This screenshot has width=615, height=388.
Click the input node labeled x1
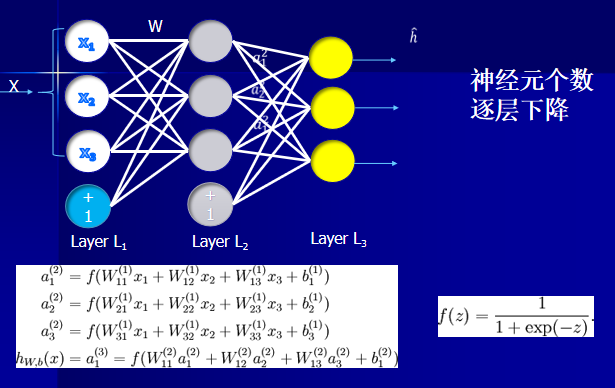click(x=86, y=42)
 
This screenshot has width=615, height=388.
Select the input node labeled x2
click(x=86, y=97)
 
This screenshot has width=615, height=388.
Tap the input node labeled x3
click(x=86, y=152)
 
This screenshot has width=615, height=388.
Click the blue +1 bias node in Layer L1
click(x=86, y=207)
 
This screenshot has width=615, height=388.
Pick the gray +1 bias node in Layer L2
click(x=209, y=205)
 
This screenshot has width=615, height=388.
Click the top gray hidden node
click(x=209, y=43)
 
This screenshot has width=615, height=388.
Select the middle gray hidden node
click(x=209, y=97)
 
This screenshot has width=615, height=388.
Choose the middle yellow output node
click(x=331, y=106)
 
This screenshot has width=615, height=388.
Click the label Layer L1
click(x=99, y=242)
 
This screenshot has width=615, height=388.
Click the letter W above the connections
click(x=155, y=27)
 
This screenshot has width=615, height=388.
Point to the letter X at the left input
click(x=14, y=87)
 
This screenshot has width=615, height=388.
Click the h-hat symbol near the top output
click(x=413, y=37)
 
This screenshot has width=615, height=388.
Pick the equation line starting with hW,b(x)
click(x=207, y=356)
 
